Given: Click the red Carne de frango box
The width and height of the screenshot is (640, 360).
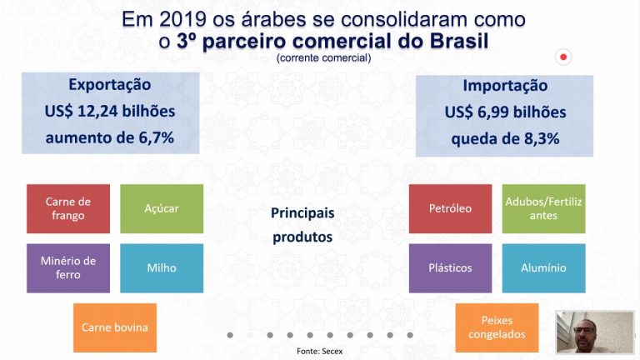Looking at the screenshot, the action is (68, 208).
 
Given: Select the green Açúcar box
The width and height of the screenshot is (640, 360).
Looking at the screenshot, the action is (162, 208).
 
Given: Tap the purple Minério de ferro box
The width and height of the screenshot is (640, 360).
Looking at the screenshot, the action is (68, 268).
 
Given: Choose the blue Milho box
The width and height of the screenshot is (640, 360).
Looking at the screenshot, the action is (162, 268).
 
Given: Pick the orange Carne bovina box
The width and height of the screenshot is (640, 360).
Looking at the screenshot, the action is (115, 327).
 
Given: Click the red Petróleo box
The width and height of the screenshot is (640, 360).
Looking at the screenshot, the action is (451, 208).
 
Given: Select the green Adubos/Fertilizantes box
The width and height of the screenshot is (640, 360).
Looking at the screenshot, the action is (543, 208).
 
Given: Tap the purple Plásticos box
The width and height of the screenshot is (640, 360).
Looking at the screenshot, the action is (451, 268).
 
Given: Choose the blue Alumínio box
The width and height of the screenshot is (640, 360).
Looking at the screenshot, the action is (543, 268).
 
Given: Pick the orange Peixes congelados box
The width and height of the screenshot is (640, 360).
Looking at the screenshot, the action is (497, 327).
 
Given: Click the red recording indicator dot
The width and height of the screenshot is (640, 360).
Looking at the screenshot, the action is (563, 57).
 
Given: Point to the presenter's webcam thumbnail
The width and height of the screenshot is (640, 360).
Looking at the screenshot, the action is (595, 332).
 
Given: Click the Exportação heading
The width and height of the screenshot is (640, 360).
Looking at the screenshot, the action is (110, 85).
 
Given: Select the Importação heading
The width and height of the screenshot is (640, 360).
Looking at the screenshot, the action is (505, 86).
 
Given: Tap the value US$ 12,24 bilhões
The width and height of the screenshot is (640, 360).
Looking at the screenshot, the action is (110, 111).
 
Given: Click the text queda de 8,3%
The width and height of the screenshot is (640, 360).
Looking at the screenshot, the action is (505, 139).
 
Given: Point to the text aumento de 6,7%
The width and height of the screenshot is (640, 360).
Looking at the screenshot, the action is (110, 138).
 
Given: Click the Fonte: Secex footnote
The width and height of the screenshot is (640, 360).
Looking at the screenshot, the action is (320, 351).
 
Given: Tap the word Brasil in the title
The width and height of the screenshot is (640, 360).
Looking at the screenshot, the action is (459, 41).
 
